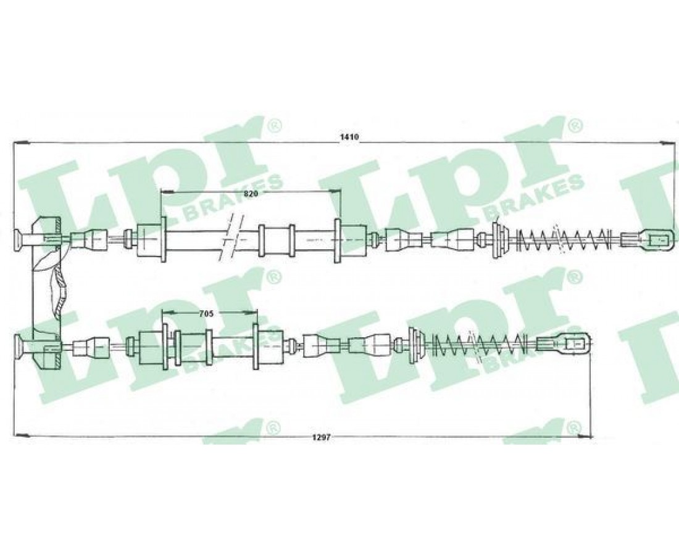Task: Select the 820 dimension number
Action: point(251,194)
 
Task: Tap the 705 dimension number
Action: point(206,314)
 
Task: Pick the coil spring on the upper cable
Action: point(563,239)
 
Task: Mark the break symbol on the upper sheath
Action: point(230,239)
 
